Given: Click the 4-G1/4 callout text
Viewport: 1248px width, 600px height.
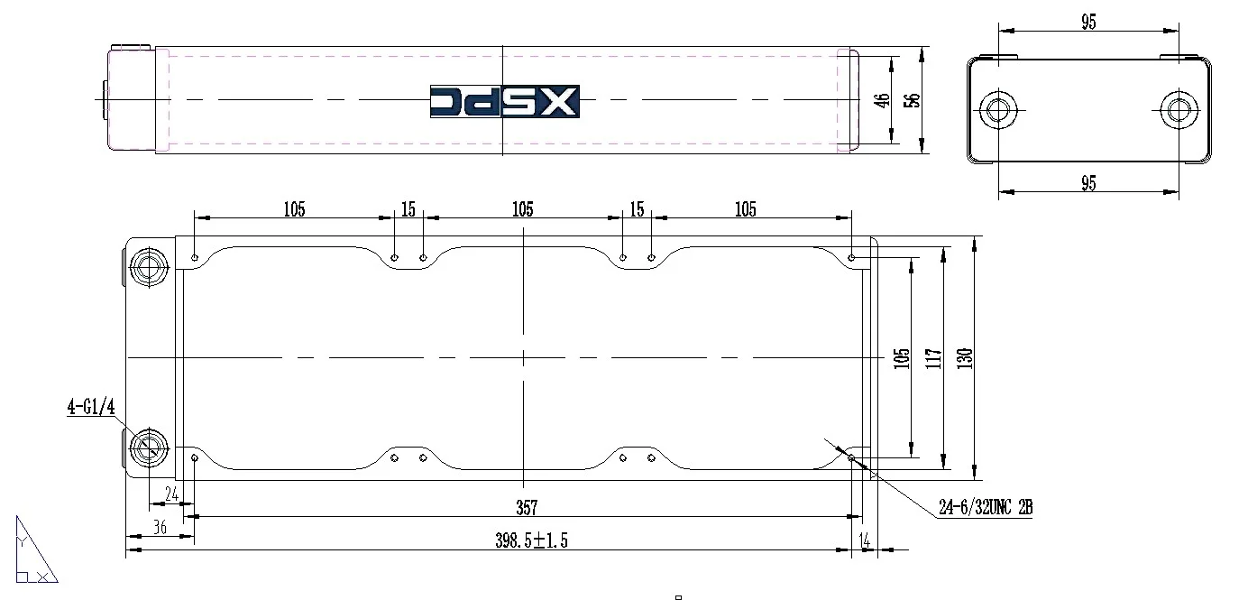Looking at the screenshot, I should tap(91, 407).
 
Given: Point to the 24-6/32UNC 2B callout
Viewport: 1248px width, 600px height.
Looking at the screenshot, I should tap(985, 508).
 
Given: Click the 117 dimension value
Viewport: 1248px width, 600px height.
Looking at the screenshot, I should tap(933, 358).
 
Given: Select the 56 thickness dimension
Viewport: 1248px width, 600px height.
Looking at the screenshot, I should tap(913, 99).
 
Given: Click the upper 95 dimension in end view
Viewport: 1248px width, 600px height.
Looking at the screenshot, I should tap(1088, 23).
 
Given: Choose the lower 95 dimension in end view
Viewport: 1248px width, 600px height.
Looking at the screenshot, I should tap(1088, 183).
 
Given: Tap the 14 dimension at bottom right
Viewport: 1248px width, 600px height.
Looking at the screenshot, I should tap(866, 540).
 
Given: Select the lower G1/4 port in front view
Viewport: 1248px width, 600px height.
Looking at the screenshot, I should tap(148, 447).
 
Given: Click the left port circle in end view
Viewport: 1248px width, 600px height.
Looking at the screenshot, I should tap(998, 108).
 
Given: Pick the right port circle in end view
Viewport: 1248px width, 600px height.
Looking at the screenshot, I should tap(1178, 108).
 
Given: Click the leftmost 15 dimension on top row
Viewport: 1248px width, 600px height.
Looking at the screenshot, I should tap(408, 210).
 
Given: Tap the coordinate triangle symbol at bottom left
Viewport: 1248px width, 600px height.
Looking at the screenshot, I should tap(32, 551).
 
